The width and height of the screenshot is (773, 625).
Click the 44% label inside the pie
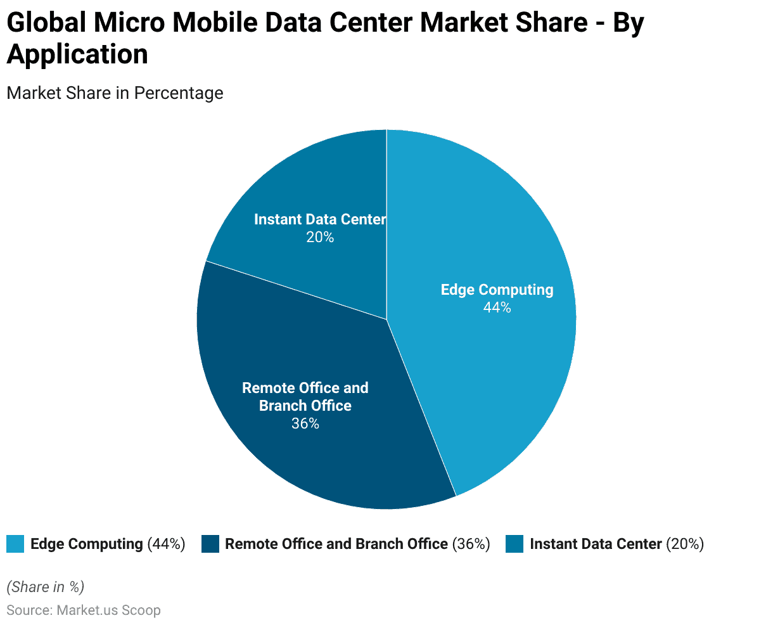coord(497,307)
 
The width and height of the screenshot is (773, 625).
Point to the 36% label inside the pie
coord(305,423)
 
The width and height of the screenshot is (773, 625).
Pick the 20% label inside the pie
coord(320,237)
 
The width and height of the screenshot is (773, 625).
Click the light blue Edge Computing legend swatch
coord(15,544)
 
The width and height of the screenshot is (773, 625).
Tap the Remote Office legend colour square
coord(210,544)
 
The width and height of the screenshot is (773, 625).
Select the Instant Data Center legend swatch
coord(514,544)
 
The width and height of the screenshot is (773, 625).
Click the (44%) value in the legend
coord(166,544)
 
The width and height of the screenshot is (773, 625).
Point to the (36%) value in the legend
coord(471,544)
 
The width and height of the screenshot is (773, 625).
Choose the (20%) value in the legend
coord(685,544)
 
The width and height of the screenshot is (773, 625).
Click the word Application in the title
coord(77,54)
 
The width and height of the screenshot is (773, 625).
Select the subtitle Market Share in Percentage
coord(115,93)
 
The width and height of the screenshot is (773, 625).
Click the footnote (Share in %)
coord(45,587)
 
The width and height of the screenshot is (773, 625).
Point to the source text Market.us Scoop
coord(108,610)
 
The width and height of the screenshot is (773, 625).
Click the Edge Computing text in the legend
coord(87,544)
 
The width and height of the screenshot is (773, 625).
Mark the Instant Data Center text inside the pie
coord(320,219)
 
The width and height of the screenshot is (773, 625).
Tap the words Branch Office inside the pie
coord(305,406)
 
